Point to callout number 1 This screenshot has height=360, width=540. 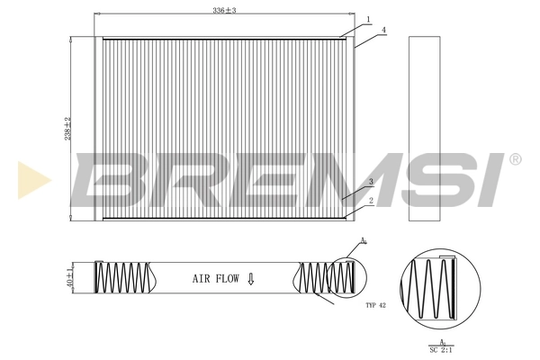368,18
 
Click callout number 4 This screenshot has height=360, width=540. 383,31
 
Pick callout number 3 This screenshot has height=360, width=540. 370,182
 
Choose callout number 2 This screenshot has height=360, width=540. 370,201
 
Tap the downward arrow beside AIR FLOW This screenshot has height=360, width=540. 251,280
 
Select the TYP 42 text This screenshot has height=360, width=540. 377,306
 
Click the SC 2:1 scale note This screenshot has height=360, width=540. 441,347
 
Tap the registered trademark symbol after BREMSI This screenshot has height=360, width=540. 515,159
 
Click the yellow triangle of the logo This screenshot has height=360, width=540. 34,179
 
